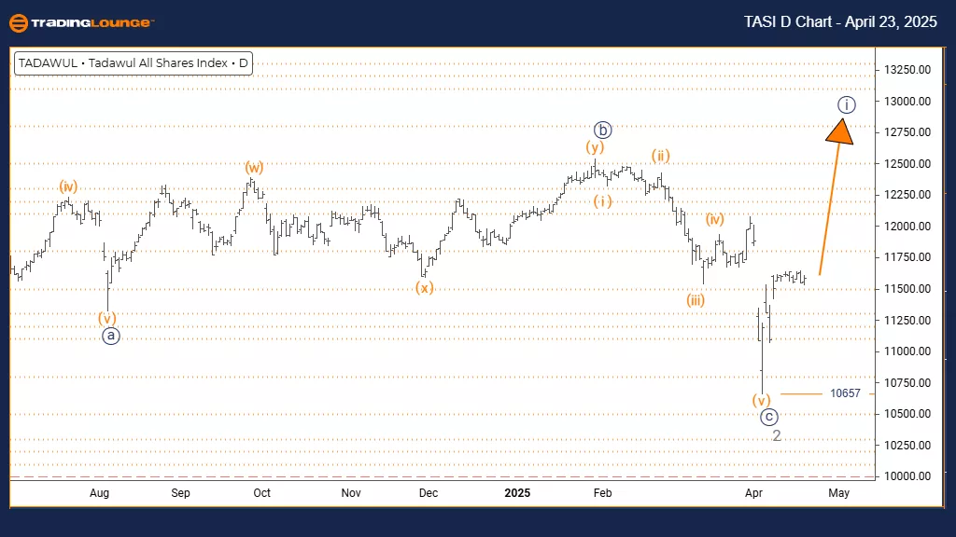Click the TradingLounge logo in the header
[x=81, y=22]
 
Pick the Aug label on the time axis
[x=100, y=493]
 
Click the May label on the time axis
[x=838, y=493]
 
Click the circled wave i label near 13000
[x=845, y=104]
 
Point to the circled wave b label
[x=603, y=130]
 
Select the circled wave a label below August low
[x=110, y=337]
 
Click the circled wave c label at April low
[x=768, y=417]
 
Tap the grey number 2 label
[x=776, y=435]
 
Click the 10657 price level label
[x=845, y=393]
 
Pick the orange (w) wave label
[x=254, y=168]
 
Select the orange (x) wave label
[x=425, y=288]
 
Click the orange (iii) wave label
[x=695, y=300]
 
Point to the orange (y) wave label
[x=595, y=147]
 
